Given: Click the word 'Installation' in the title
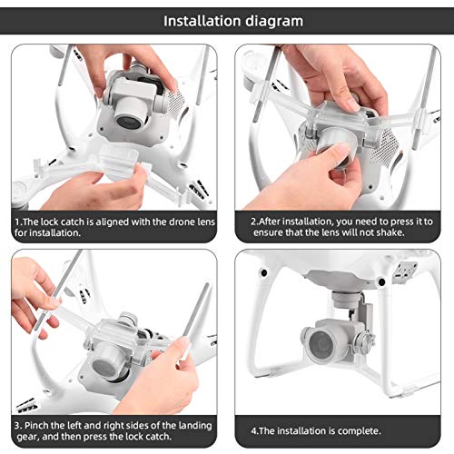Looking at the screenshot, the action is (x=202, y=21).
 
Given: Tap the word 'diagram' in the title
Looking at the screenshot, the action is (x=274, y=22).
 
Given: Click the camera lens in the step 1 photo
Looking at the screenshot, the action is (x=130, y=121).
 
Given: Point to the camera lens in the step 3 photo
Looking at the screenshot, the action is (x=104, y=367).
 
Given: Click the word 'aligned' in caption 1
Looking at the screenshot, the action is (x=113, y=222).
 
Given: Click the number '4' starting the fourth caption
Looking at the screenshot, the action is (x=253, y=431).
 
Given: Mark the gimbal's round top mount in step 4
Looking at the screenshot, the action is (x=347, y=298).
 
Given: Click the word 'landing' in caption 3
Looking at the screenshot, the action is (x=195, y=426).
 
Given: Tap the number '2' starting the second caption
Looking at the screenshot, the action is (x=253, y=222).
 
